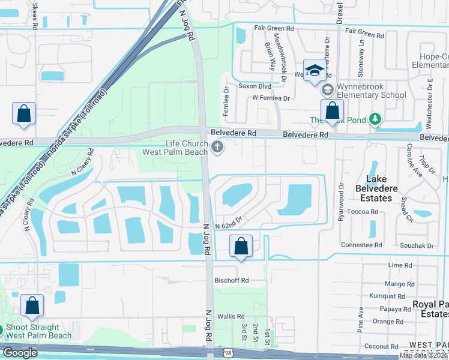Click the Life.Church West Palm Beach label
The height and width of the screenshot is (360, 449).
point(175,147)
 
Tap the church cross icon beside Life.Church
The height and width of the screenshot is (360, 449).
point(217,146)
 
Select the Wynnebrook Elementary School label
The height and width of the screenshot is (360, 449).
point(372,91)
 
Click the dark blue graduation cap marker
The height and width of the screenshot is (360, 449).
point(314,71)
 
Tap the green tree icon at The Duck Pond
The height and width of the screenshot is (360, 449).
point(375,119)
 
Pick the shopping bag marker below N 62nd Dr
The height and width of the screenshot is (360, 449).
point(241,247)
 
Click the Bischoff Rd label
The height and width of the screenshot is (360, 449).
point(232,280)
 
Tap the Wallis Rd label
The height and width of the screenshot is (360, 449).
point(231,316)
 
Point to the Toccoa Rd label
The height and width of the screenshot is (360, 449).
point(366,212)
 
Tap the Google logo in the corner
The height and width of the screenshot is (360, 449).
point(20,353)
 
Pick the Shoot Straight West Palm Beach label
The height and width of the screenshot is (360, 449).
point(37,332)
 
